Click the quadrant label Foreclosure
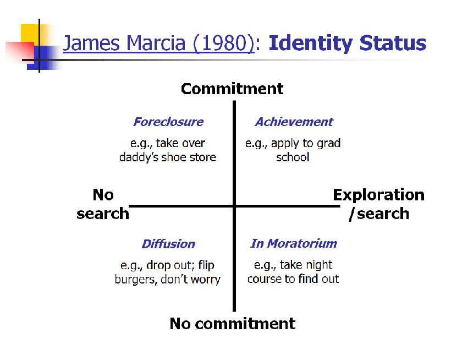168,122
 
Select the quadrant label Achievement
294,122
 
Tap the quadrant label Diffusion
168,244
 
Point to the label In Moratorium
294,243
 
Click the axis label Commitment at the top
232,89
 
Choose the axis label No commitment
233,324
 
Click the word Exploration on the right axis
378,195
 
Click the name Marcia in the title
156,43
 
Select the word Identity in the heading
311,43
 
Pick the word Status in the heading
393,43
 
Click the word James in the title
91,43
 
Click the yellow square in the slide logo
30,33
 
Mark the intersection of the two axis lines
234,206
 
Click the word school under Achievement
293,157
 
